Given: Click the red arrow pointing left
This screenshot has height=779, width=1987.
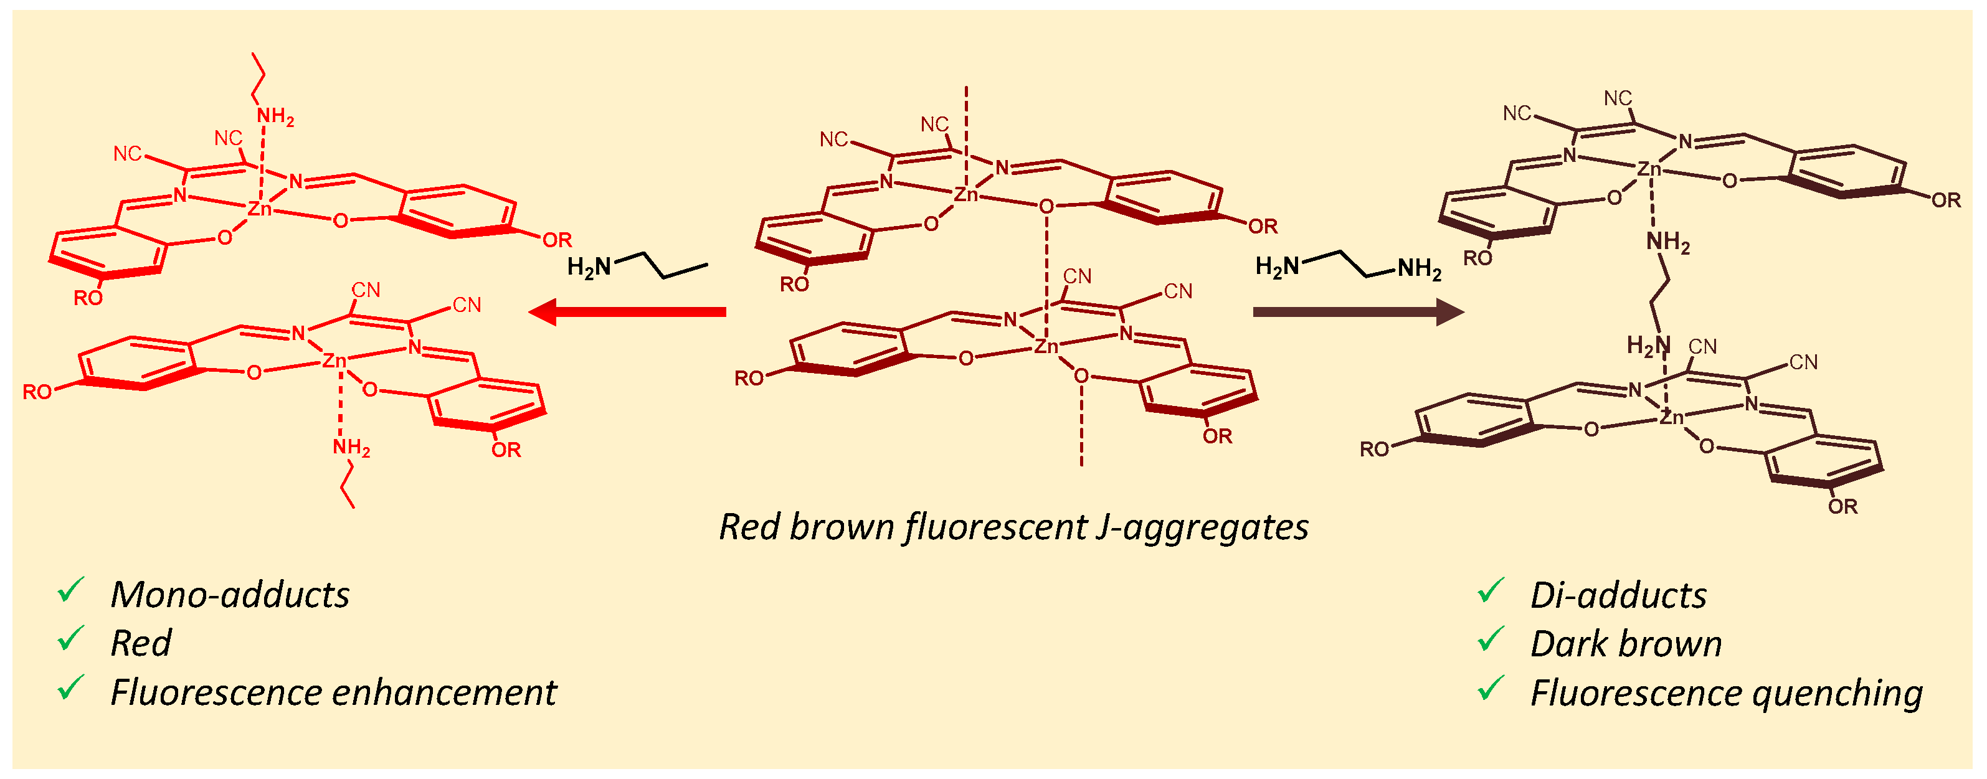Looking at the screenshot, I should coord(627,311).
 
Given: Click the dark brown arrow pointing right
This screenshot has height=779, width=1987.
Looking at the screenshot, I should coord(1358,311).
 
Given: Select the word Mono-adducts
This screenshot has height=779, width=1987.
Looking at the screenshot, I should coord(230,595).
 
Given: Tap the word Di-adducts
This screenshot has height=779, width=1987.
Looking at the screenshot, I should coord(1618,595).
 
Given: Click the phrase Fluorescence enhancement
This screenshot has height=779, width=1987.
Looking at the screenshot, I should coord(333,692).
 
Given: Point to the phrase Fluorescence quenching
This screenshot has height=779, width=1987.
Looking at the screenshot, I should coord(1725,692).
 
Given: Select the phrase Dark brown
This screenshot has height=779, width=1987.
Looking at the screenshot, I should coord(1625,644).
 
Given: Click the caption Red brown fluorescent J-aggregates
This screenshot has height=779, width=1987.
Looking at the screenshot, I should coord(1013,527).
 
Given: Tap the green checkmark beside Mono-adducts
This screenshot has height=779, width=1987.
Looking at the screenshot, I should coord(70,590).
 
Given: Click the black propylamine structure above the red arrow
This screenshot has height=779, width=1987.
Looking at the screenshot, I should coord(637,265).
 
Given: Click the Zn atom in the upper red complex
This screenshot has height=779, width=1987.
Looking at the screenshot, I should coord(260,208).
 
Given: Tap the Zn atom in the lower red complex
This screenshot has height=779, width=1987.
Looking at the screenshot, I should coord(334,360).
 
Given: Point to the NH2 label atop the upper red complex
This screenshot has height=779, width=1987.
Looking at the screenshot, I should coord(275,117).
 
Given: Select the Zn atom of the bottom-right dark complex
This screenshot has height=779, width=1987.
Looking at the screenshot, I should coord(1671,417).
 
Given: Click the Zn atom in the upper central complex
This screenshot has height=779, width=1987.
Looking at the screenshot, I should coord(965,194).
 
